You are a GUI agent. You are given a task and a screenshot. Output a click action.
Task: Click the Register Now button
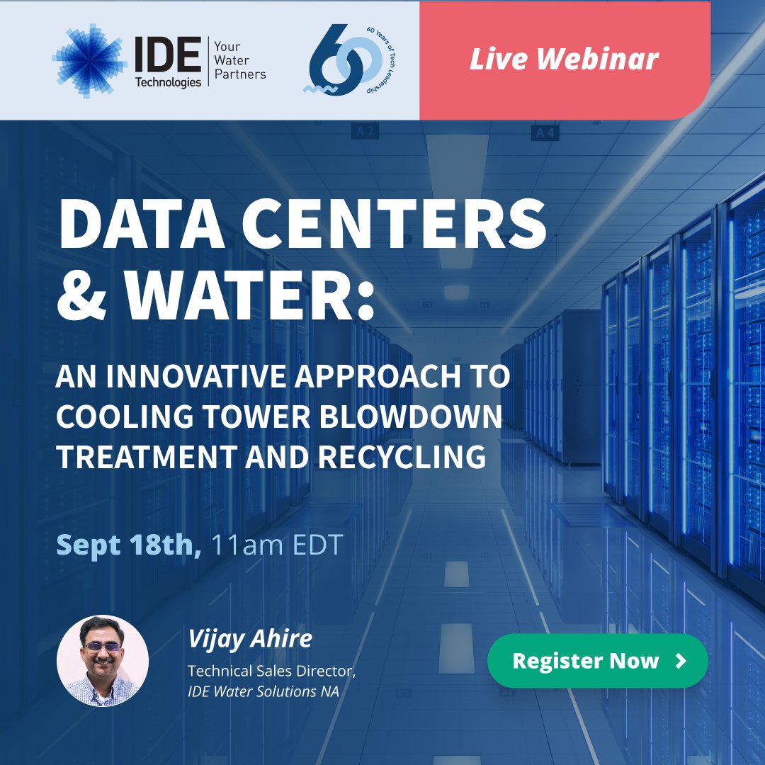point(597,661)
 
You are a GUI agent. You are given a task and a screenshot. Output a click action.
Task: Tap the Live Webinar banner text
point(564,59)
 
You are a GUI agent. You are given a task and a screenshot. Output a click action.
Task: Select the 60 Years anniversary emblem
point(339,61)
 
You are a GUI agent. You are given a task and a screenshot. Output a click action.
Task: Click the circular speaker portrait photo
point(103,660)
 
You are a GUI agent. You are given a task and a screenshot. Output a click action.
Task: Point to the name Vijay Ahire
point(249,638)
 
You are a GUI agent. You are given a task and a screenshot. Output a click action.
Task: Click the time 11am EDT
point(277,545)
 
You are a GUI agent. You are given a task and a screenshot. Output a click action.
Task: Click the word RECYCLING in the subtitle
point(402,458)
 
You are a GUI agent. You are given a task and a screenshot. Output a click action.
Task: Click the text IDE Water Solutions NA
point(263,691)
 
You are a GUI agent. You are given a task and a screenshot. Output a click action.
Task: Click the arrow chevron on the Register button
point(681,661)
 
